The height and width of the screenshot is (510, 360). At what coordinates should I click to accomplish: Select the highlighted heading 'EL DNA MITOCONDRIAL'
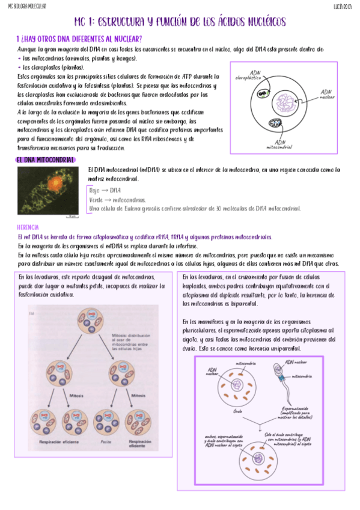click(45, 160)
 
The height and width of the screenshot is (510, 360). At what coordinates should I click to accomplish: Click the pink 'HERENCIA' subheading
click(28, 227)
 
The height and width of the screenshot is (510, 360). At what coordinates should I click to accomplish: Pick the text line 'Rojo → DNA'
click(104, 190)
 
